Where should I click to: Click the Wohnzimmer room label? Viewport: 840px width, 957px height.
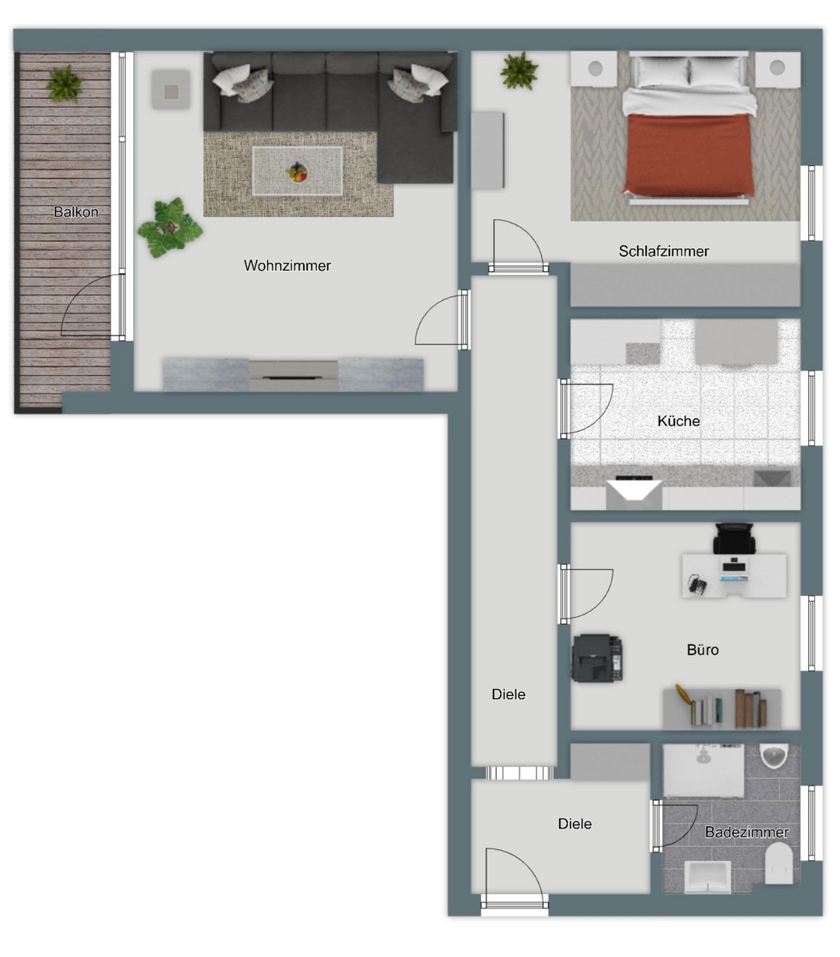coord(287,266)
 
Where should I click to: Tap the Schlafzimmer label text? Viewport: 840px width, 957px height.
coord(664,251)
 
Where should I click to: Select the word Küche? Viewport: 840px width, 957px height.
coord(679,421)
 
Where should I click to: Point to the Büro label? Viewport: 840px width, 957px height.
coord(703,650)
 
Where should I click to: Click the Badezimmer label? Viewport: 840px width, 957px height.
coord(747,832)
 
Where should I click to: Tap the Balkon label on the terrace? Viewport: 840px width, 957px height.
coord(76,212)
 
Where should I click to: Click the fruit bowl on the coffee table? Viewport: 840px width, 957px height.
coord(298,171)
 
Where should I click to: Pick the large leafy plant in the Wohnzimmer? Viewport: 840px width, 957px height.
coord(169,227)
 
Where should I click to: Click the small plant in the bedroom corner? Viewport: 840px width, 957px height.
coord(519,71)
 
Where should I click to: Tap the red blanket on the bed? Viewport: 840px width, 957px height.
coord(688,153)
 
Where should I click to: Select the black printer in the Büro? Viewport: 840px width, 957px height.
coord(596,658)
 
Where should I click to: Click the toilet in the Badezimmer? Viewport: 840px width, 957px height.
coord(779,864)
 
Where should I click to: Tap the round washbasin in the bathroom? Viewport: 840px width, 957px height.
coord(774,754)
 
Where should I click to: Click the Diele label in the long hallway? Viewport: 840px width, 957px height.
coord(509,694)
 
